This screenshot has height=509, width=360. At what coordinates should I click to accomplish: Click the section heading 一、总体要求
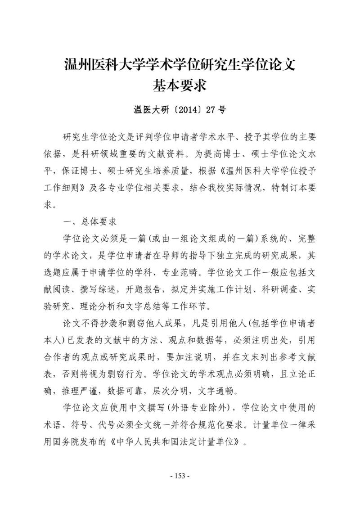[x=90, y=222]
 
